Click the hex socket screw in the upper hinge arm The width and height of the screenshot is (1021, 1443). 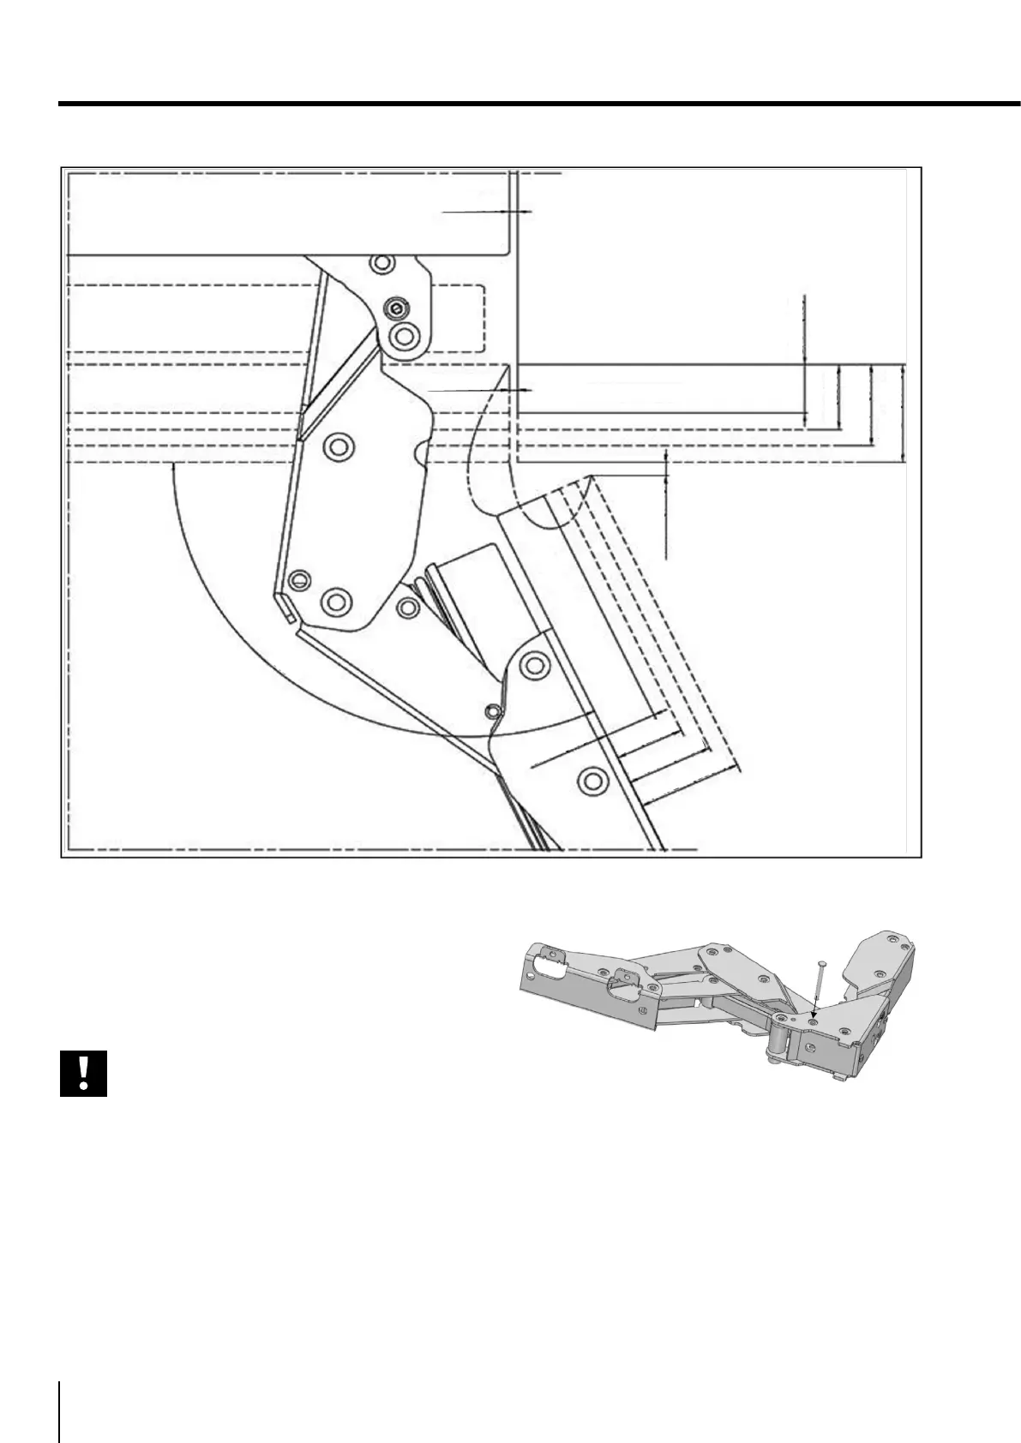396,307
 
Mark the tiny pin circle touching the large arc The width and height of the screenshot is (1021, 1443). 492,710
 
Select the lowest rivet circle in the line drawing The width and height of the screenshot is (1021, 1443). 591,779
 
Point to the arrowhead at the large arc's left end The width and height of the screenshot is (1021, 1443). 172,467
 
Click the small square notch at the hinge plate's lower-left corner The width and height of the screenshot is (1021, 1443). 285,609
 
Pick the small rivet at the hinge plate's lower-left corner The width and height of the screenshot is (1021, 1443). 297,580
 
